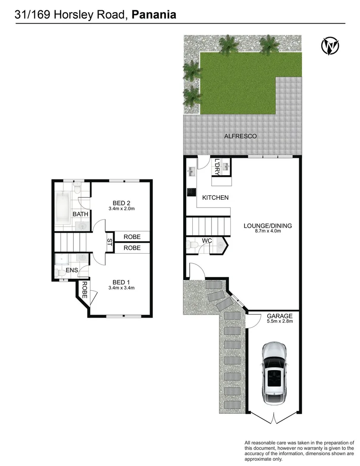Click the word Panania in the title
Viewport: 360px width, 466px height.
(x=154, y=15)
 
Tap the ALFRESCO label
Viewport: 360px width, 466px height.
(x=240, y=136)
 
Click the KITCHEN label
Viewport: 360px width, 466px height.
(x=216, y=198)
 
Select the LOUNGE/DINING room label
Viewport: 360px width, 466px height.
(x=268, y=225)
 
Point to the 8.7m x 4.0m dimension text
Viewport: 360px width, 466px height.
(x=268, y=231)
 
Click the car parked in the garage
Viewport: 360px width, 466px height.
(x=274, y=371)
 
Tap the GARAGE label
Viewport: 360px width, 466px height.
(x=280, y=316)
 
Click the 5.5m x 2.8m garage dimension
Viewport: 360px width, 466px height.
(x=280, y=321)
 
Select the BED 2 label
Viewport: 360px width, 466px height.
(x=122, y=203)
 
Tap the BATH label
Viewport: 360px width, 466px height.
(x=80, y=214)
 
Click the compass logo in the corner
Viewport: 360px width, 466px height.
(x=330, y=46)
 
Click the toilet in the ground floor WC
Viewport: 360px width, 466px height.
(x=192, y=246)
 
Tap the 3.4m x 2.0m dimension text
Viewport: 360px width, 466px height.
(x=122, y=209)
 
